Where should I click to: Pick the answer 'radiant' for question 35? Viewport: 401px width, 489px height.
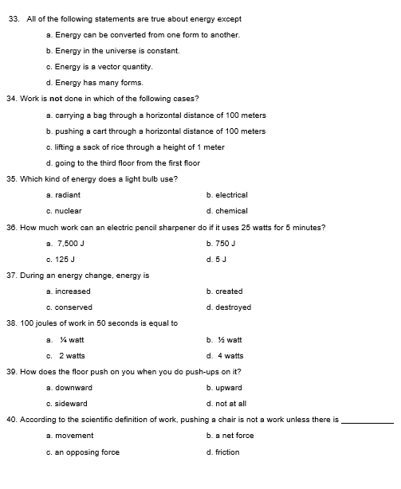64,195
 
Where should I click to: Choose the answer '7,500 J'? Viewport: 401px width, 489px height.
68,244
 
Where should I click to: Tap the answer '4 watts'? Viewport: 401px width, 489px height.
226,356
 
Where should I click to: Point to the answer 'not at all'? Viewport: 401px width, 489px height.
226,404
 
